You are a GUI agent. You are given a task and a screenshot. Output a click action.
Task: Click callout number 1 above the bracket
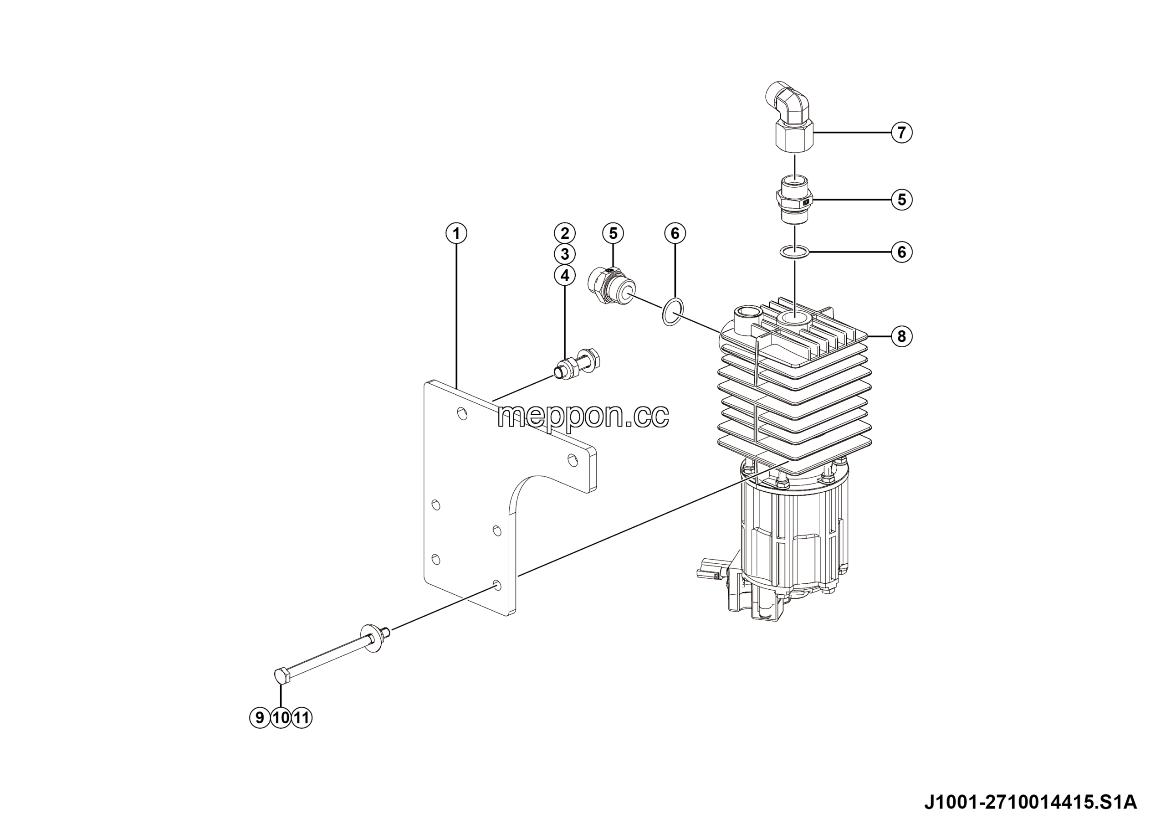[456, 234]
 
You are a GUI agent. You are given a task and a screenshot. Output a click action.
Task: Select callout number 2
[565, 233]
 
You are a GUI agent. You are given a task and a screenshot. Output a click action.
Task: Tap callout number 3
[565, 254]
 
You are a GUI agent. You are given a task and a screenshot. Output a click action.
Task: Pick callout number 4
[565, 275]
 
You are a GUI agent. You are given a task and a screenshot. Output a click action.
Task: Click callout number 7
[902, 133]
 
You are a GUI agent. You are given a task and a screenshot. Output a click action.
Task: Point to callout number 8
[902, 336]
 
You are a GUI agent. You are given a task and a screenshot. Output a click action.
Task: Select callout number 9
[260, 718]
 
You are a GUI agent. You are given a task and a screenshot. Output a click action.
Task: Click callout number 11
[302, 718]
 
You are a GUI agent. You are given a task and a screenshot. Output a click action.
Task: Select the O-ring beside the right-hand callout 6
[795, 252]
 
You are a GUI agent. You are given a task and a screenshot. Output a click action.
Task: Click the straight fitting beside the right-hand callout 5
[794, 200]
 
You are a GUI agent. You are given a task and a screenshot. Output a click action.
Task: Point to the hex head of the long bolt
[282, 677]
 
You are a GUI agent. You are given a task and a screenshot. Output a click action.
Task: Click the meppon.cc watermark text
[583, 417]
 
